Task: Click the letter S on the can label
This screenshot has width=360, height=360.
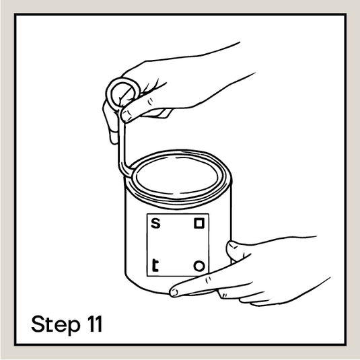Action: point(155,223)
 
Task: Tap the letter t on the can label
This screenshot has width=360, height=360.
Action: point(155,265)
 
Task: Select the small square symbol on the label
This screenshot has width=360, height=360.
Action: point(199,223)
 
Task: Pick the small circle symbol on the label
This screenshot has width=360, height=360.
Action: point(199,266)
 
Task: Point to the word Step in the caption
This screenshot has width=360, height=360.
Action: point(56,324)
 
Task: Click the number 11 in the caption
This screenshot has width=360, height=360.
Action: point(95,324)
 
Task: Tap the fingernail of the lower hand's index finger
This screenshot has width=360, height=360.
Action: point(174,293)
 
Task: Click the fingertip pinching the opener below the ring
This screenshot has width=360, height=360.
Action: point(126,116)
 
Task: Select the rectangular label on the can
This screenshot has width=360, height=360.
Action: point(178,245)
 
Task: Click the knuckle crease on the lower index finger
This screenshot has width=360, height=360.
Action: point(209,280)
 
